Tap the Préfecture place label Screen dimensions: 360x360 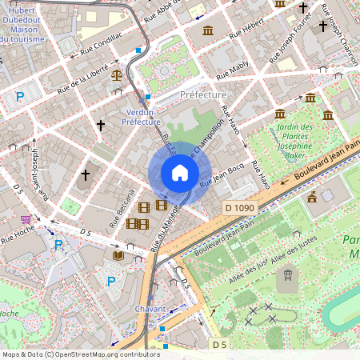(x=203, y=94)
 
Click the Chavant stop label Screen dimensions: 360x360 (x=151, y=309)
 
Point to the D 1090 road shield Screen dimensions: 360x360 (x=239, y=208)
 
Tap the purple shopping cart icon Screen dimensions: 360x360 (x=26, y=218)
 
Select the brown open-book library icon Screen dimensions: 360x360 (x=118, y=255)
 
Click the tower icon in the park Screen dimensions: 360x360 (x=284, y=279)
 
